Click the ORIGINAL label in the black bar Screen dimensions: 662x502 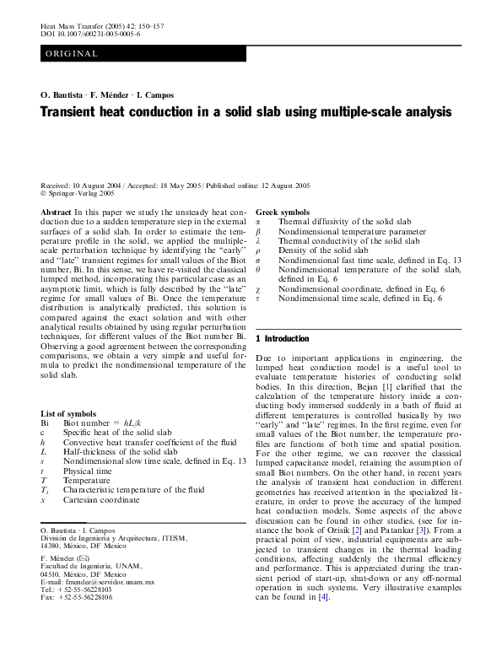click(71, 54)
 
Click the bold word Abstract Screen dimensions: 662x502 click(56, 212)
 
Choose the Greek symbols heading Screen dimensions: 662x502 click(283, 212)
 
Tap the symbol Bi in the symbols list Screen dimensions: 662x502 click(45, 423)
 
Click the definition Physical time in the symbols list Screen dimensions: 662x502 click(88, 471)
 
